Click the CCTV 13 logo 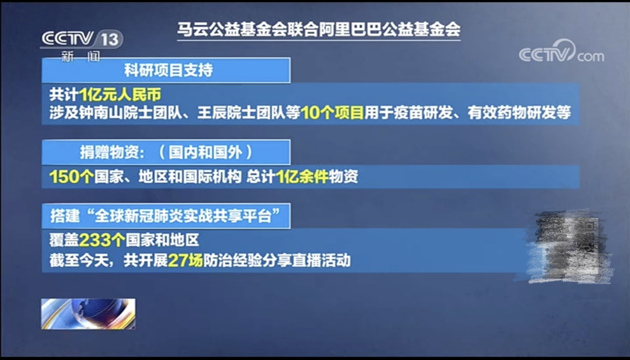(81, 40)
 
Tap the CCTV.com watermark (561, 54)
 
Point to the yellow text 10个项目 (332, 113)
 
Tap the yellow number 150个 (71, 177)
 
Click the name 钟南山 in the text (117, 113)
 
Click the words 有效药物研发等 (519, 113)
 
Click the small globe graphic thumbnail (88, 314)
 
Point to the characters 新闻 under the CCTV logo (80, 57)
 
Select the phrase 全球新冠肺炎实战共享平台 (190, 216)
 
